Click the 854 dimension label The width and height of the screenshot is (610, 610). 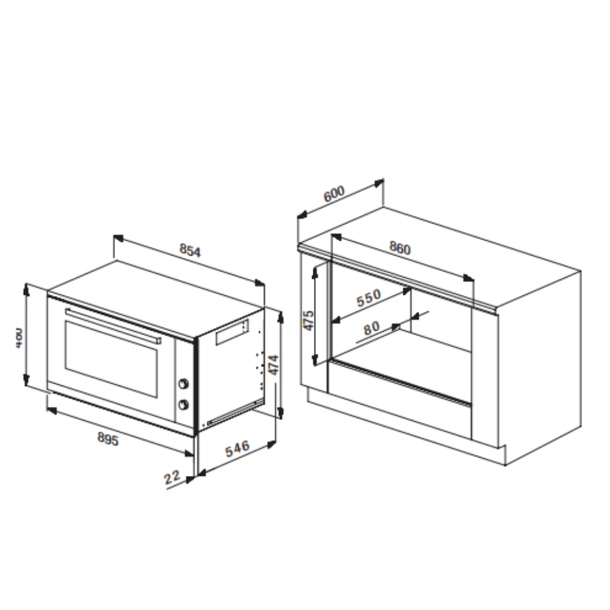pyautogui.click(x=191, y=251)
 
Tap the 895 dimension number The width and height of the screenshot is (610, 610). pyautogui.click(x=108, y=440)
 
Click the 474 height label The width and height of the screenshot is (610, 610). pyautogui.click(x=273, y=365)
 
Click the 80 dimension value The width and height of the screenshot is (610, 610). pyautogui.click(x=371, y=328)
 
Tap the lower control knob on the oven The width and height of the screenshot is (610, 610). pyautogui.click(x=185, y=404)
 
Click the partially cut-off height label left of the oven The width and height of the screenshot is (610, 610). pyautogui.click(x=18, y=338)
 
